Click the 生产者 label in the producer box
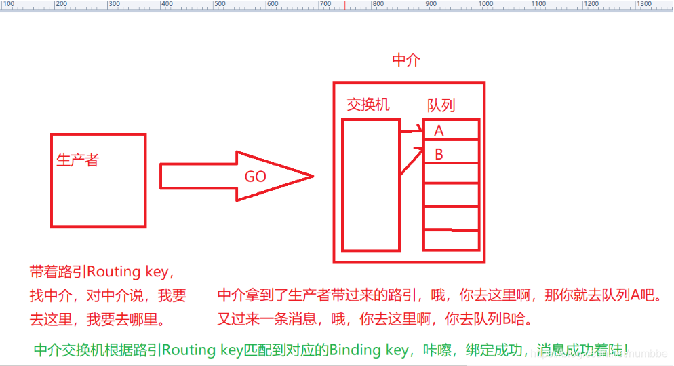(x=77, y=160)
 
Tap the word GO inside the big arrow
(x=256, y=177)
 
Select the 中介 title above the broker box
(x=406, y=60)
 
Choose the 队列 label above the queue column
(x=441, y=105)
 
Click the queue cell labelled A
(x=451, y=130)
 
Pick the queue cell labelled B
(x=451, y=153)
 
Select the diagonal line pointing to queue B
(x=412, y=162)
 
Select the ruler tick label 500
(x=220, y=4)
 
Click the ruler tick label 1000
(x=485, y=4)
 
